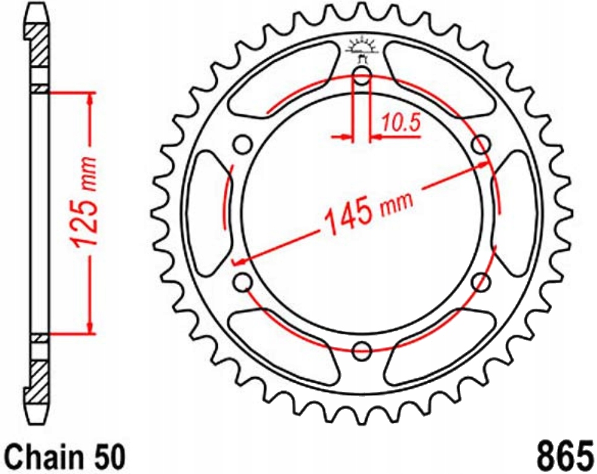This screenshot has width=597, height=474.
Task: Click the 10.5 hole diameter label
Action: (x=400, y=123)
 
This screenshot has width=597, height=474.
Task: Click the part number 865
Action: (x=563, y=455)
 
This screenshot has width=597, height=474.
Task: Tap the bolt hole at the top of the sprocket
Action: (x=362, y=77)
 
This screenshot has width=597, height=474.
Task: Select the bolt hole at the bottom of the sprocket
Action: (x=362, y=351)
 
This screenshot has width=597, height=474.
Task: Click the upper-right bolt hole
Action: (x=482, y=145)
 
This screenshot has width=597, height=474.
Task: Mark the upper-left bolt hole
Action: (x=243, y=145)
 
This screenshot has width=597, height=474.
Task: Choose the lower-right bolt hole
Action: (x=481, y=282)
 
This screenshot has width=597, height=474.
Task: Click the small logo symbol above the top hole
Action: (x=362, y=49)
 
